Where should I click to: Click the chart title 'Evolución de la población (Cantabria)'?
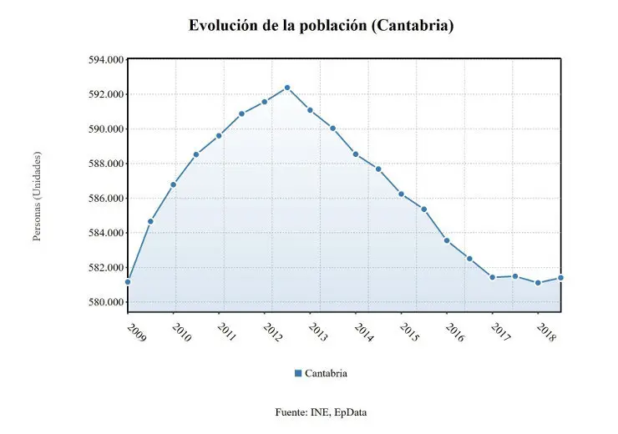click(321, 26)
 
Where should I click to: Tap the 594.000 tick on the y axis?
click(99, 60)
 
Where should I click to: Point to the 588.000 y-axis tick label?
click(99, 164)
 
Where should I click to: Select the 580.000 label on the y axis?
click(99, 302)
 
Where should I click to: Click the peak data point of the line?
click(287, 87)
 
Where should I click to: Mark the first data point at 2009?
click(128, 282)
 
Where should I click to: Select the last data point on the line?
click(560, 278)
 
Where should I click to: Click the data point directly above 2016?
click(447, 240)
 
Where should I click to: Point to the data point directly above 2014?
click(356, 154)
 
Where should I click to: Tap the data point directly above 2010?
click(173, 184)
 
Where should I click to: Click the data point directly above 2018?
click(538, 283)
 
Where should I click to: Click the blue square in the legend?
click(298, 373)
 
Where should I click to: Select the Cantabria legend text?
click(326, 373)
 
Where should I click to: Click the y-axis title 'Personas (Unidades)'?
click(38, 196)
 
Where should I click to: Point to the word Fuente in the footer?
click(291, 412)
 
